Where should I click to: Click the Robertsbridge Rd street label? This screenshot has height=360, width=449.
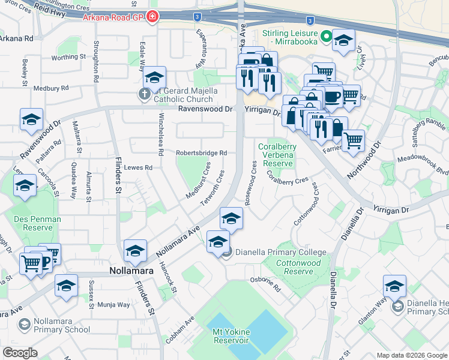click(x=201, y=153)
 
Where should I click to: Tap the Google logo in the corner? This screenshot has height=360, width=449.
click(x=20, y=353)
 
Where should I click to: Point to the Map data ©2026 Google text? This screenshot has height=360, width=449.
click(x=411, y=355)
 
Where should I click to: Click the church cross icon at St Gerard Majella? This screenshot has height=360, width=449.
click(x=144, y=94)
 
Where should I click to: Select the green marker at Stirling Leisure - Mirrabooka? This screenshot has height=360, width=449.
click(x=327, y=37)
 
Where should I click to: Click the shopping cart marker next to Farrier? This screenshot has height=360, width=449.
click(x=353, y=141)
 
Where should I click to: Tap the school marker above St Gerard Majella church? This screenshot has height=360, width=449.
click(x=154, y=78)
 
